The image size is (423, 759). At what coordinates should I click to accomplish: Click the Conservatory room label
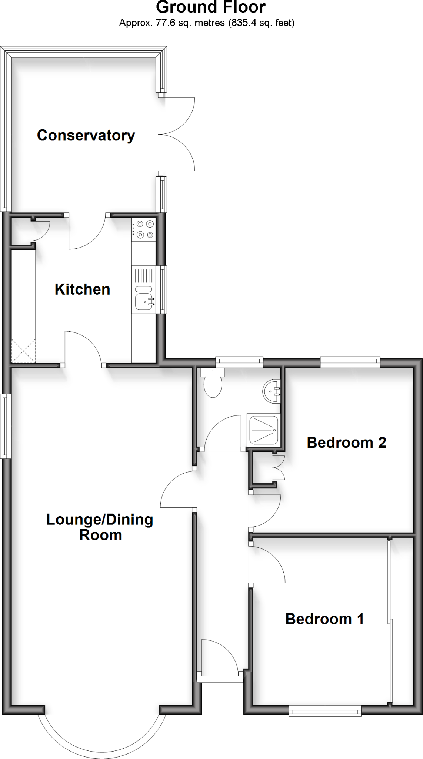coord(86,135)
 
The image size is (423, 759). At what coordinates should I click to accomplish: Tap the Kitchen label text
coord(82,289)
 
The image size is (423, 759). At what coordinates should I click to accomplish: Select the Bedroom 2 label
coord(346,443)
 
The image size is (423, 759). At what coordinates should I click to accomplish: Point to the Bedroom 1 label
coord(324,619)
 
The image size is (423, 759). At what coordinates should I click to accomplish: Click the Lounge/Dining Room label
coord(100,527)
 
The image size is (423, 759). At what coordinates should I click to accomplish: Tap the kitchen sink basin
coord(144,302)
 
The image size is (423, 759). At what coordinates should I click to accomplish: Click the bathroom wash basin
coord(273,391)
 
